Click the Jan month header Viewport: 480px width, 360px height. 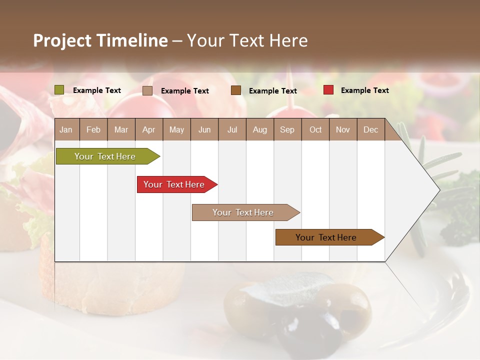[66, 129]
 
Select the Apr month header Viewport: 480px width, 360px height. [148, 129]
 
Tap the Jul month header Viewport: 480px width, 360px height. [232, 129]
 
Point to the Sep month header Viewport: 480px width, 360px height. [287, 129]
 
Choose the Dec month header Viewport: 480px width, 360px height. [370, 129]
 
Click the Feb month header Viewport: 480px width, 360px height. [93, 129]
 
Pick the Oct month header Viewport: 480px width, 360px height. [315, 129]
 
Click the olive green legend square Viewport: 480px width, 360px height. [59, 90]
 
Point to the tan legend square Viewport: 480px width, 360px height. [147, 90]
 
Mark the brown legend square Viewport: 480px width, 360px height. [236, 90]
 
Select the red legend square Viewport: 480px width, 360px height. [328, 90]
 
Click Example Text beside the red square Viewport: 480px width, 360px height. [364, 90]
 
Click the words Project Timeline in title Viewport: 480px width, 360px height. [100, 40]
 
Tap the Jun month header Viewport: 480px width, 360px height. [204, 129]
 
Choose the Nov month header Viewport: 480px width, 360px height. [342, 129]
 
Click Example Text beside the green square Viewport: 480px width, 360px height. [97, 90]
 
